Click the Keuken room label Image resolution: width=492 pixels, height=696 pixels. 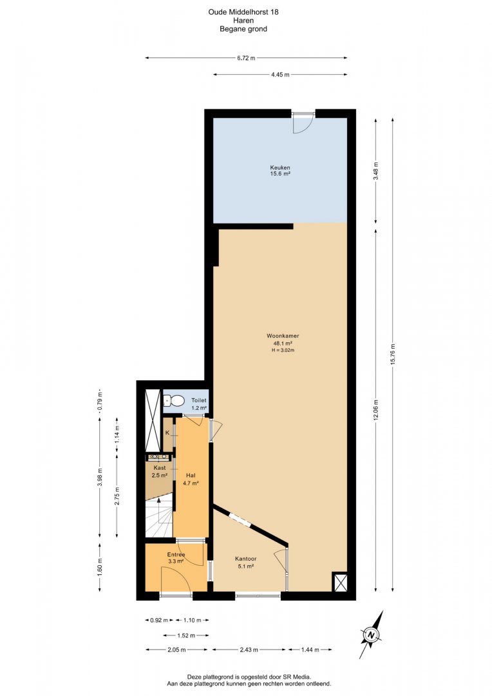point(280,168)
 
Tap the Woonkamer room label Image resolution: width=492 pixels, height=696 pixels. point(279,336)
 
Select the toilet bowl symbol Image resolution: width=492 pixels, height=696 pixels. point(175,401)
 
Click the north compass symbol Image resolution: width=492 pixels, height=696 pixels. point(372,635)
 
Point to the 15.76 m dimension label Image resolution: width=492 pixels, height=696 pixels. point(393,355)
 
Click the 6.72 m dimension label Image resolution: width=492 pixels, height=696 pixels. point(246,58)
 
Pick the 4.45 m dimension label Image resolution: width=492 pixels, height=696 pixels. point(280,75)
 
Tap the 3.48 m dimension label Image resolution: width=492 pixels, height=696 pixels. point(376,171)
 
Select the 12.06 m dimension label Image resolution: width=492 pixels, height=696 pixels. point(376,410)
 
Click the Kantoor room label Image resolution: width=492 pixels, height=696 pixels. point(246,559)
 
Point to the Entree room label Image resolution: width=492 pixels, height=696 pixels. point(176,554)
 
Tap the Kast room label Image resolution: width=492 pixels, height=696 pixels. point(160,468)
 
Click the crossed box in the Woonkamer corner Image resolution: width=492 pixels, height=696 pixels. point(341,581)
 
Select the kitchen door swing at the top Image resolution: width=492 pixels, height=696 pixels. point(303,124)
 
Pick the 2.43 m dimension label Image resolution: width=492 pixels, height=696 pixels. point(249,650)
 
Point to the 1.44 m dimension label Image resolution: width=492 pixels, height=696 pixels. point(310,650)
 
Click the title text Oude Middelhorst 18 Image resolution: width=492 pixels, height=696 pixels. point(243,12)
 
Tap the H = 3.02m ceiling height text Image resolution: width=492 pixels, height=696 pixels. point(283,350)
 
